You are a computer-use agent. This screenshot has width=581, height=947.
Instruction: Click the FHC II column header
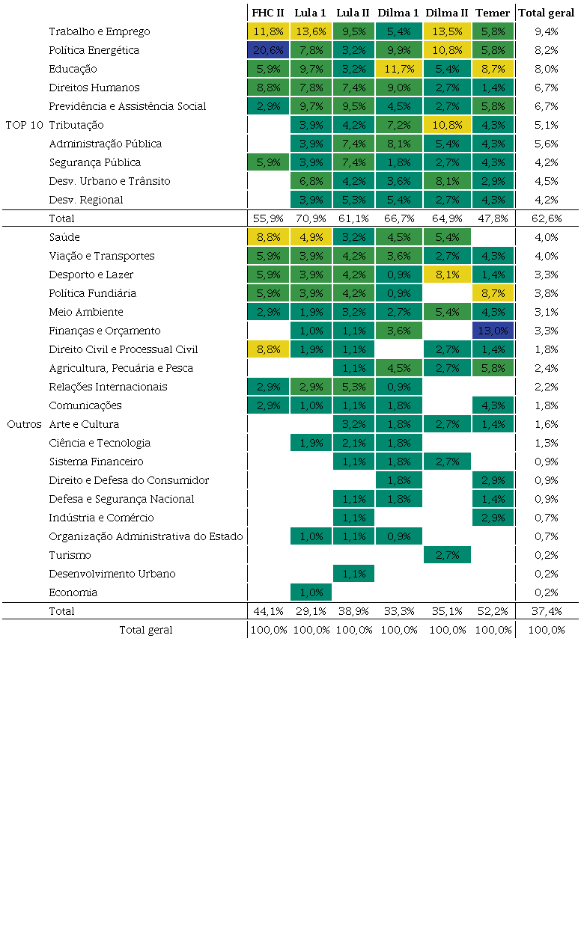click(268, 13)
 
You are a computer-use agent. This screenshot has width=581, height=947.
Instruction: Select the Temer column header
click(493, 13)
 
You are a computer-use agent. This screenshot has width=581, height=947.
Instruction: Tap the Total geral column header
click(547, 13)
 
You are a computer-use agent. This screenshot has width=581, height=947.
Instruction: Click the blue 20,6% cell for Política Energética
click(268, 50)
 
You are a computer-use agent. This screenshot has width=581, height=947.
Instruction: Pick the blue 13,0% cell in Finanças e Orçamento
click(493, 331)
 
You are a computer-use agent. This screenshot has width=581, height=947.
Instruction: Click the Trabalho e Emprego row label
click(100, 31)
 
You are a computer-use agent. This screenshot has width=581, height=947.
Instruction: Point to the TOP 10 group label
click(25, 125)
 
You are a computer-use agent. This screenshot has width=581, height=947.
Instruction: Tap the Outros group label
click(25, 424)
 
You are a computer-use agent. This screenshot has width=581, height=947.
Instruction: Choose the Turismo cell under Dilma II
click(447, 555)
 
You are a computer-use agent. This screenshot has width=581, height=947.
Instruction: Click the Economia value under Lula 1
click(310, 592)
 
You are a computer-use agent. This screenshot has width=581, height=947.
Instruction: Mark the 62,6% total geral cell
click(547, 218)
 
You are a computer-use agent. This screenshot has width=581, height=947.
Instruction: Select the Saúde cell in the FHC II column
click(268, 237)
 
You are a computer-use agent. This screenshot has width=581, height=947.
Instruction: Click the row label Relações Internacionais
click(108, 387)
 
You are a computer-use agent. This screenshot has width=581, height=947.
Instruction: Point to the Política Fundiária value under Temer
click(493, 293)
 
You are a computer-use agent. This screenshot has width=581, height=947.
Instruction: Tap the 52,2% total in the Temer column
click(493, 611)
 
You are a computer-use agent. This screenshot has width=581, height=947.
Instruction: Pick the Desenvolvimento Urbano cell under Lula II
click(353, 574)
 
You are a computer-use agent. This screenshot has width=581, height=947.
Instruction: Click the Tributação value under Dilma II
click(447, 125)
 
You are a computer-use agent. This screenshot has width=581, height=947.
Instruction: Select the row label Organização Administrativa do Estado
click(146, 536)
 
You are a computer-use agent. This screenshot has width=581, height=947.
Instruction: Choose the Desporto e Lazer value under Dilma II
click(447, 275)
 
